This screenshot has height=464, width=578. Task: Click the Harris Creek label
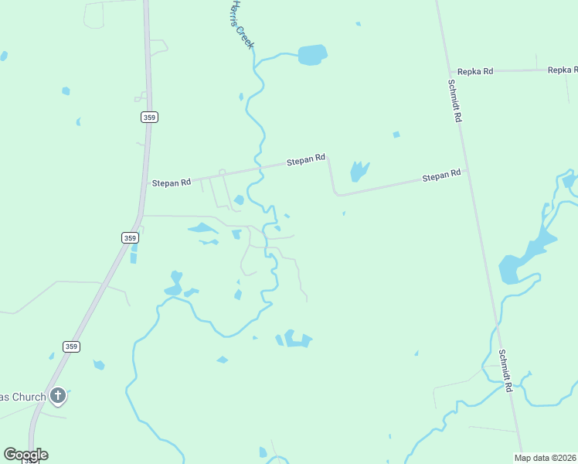(x=241, y=26)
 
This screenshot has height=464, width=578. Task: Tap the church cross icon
(x=57, y=397)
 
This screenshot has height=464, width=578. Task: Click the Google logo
(x=25, y=455)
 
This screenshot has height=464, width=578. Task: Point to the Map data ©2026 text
(x=545, y=457)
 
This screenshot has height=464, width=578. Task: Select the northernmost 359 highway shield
(x=149, y=117)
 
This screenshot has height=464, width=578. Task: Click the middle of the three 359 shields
(x=131, y=238)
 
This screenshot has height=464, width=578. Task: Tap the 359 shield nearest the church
(x=71, y=346)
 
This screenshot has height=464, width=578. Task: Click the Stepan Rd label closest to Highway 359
(x=171, y=183)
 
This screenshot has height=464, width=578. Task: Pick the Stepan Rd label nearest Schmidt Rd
(x=441, y=176)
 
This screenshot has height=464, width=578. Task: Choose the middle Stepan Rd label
(x=306, y=161)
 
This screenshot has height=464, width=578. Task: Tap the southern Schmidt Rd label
(x=505, y=370)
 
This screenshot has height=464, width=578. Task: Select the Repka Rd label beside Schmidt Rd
(x=474, y=71)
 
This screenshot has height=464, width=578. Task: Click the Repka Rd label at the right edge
(x=563, y=70)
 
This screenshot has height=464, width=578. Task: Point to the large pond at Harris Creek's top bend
(x=312, y=54)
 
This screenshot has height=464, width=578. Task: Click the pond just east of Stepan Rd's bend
(x=359, y=171)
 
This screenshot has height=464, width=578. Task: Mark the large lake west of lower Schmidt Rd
(x=525, y=258)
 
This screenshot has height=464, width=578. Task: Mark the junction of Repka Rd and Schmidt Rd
(x=450, y=72)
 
